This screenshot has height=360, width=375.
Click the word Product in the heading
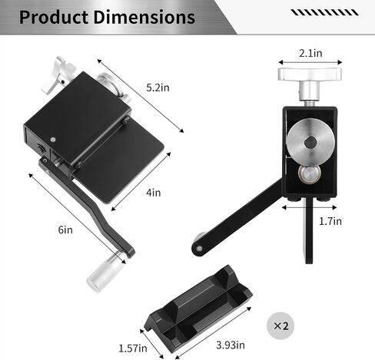[x=54, y=18]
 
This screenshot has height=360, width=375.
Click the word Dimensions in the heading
[x=144, y=17]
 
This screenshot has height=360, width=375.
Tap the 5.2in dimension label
[x=158, y=88]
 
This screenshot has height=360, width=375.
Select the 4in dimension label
[x=154, y=193]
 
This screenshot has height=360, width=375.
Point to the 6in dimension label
[x=65, y=230]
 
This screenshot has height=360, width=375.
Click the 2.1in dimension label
[x=310, y=53]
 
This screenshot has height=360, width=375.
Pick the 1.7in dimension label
[x=330, y=221]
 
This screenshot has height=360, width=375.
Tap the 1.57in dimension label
[x=133, y=348]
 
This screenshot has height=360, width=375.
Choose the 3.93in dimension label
[x=231, y=345]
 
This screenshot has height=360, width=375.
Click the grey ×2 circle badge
[x=280, y=325]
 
